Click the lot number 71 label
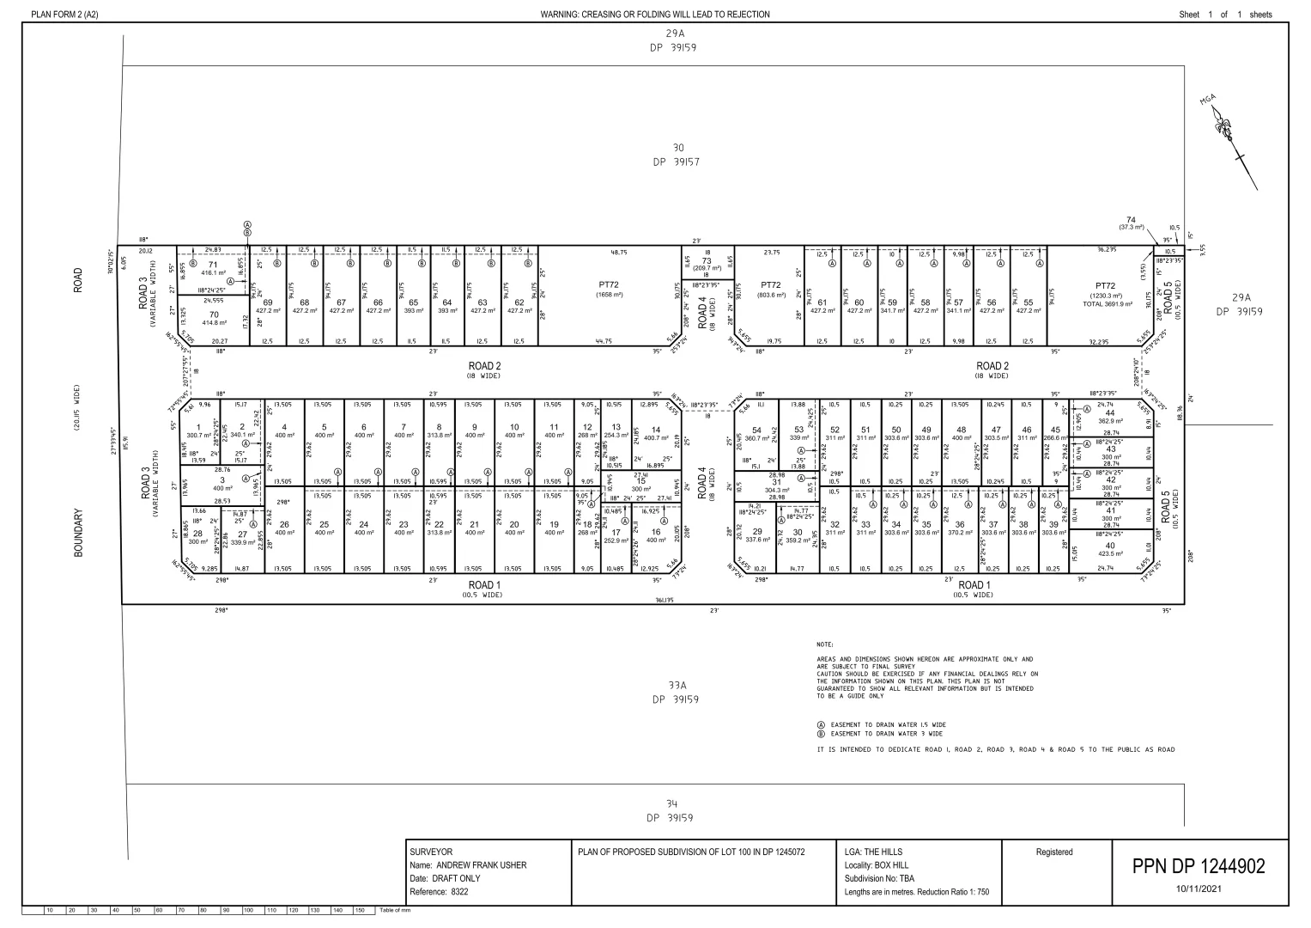click(x=213, y=265)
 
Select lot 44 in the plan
click(x=1110, y=413)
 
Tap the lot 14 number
click(x=656, y=430)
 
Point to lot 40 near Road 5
click(x=1110, y=546)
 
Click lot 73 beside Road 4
click(x=707, y=261)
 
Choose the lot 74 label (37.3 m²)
click(x=1132, y=220)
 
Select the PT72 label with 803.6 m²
click(x=770, y=284)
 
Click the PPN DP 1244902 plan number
click(x=1199, y=866)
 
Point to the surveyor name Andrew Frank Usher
click(x=468, y=865)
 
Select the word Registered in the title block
click(x=1054, y=852)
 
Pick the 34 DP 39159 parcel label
click(x=672, y=810)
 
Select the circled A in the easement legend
click(x=822, y=724)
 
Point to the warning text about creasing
click(x=655, y=15)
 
